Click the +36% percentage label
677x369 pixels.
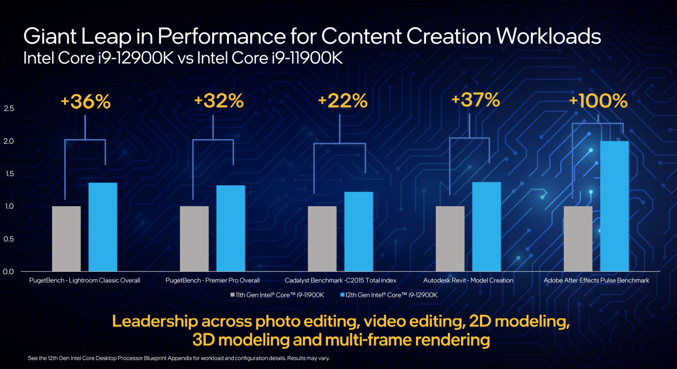click(86, 102)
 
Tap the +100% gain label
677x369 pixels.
click(598, 101)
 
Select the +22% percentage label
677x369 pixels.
click(342, 101)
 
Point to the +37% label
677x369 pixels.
click(476, 100)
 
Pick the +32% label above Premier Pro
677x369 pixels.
click(219, 101)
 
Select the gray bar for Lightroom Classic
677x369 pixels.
click(66, 239)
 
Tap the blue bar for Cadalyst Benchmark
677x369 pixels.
click(358, 232)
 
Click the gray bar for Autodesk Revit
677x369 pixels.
click(450, 239)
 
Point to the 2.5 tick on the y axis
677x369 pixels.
click(9, 108)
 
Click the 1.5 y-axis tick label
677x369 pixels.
click(9, 173)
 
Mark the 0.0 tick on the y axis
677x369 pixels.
click(8, 272)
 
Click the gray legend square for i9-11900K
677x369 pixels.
click(232, 295)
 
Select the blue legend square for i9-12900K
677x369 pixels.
click(342, 295)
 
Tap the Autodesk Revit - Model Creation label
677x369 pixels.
click(468, 280)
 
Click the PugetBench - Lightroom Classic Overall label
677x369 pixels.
click(85, 280)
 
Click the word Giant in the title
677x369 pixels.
click(50, 37)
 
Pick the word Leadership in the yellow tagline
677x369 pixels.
click(155, 321)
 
